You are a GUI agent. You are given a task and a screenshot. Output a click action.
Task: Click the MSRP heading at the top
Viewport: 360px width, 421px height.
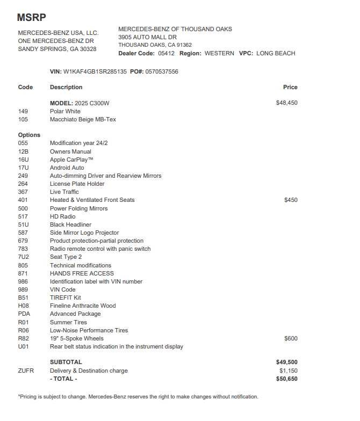31,17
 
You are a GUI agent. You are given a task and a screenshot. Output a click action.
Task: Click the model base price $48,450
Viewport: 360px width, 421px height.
286,103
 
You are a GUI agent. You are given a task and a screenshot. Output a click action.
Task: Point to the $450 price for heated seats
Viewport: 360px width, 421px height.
291,200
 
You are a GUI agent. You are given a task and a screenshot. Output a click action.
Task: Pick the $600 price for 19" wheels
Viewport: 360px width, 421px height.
291,338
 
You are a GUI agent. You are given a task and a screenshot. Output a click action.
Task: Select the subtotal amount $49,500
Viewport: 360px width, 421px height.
286,362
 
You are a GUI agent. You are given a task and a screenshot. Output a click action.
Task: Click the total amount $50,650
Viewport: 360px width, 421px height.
286,379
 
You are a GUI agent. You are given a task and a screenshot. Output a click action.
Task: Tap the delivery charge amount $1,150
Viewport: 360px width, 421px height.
288,371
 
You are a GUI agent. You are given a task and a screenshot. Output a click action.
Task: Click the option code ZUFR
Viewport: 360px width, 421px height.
26,371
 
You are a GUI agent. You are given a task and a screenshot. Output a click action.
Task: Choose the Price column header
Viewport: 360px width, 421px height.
290,87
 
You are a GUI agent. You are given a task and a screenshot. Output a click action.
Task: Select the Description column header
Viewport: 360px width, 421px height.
66,87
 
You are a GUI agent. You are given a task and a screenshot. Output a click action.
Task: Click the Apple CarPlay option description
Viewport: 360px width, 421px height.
71,159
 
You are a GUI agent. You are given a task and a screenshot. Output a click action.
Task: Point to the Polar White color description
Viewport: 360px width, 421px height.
65,111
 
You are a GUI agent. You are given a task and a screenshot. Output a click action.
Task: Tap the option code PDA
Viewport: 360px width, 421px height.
24,314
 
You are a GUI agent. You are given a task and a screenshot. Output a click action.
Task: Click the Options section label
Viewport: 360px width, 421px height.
29,135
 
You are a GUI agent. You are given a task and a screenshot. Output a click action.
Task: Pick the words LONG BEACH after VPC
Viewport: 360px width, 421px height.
276,53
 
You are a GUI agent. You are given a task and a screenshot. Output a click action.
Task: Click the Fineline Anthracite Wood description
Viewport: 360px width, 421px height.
82,306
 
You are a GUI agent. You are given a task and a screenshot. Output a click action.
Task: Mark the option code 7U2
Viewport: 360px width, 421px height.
23,257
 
